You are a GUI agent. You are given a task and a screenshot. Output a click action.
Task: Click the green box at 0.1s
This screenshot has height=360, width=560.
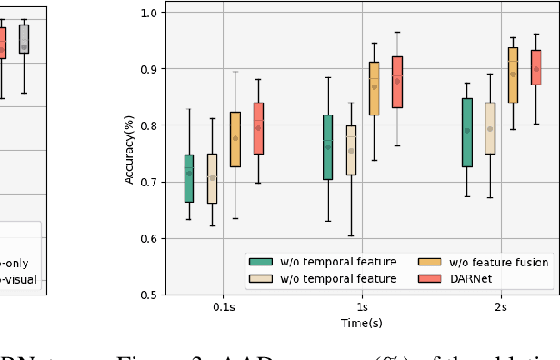click(188, 178)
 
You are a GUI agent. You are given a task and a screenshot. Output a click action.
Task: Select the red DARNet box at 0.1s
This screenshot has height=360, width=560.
click(258, 128)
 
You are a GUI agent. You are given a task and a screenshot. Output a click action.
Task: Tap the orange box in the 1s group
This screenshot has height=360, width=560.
click(374, 88)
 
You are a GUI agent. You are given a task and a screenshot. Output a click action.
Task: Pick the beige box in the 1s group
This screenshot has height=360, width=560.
click(351, 150)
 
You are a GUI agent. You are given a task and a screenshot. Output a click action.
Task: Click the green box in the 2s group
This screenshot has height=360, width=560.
click(467, 133)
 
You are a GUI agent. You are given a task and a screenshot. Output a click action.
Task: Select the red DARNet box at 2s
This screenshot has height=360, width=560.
click(535, 67)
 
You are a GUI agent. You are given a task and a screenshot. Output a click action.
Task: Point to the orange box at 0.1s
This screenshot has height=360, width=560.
click(235, 139)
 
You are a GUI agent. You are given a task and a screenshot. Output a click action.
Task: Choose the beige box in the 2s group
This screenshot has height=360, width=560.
click(490, 128)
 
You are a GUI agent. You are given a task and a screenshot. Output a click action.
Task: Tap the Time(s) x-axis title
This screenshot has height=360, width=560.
click(362, 323)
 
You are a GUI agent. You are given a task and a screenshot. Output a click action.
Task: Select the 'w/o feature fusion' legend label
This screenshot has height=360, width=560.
click(496, 263)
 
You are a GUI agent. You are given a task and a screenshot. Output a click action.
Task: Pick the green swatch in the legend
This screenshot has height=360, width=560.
click(262, 263)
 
